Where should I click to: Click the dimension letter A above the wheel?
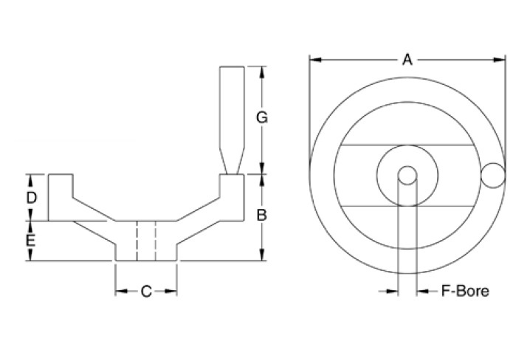point(407,60)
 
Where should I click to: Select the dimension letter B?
point(261,216)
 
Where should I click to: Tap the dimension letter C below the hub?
point(146,292)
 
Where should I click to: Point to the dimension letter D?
point(31,197)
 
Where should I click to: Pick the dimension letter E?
point(31,241)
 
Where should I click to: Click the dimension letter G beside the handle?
point(261,117)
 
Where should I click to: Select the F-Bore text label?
point(464,292)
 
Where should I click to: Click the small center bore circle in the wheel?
point(407,175)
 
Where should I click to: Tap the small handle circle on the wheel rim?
point(492,175)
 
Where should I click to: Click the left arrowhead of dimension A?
point(313,60)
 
